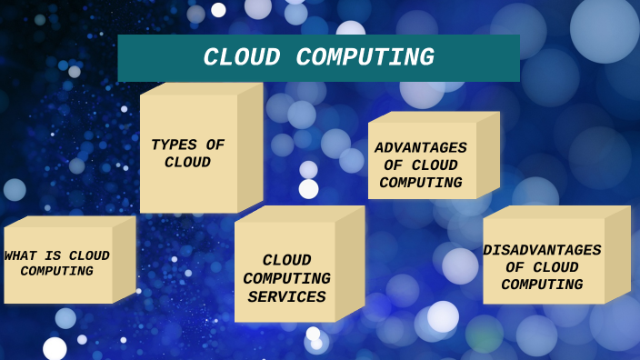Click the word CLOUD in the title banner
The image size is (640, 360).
(x=243, y=58)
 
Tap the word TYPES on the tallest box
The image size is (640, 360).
(x=174, y=145)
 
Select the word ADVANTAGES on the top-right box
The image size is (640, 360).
(x=421, y=148)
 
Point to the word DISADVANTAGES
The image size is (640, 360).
(x=542, y=250)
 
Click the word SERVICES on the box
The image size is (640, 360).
(x=286, y=297)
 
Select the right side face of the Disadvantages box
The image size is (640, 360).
(x=617, y=254)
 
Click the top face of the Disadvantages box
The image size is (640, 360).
(x=556, y=212)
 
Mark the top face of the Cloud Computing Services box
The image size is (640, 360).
(x=298, y=214)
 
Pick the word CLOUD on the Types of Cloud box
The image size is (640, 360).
(x=187, y=163)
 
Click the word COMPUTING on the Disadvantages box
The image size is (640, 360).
(x=542, y=285)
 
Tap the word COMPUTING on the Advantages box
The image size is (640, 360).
(x=421, y=183)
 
